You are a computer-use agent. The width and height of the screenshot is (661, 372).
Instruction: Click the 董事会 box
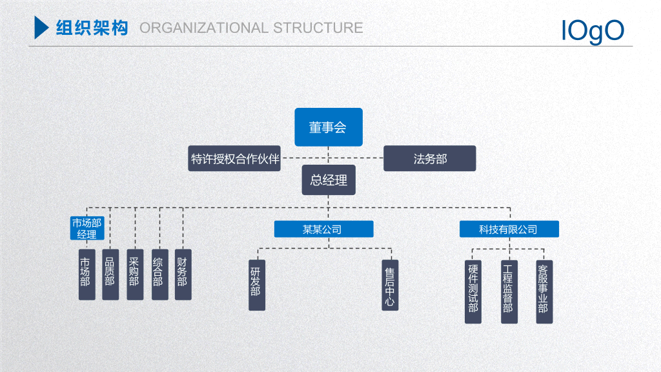329,127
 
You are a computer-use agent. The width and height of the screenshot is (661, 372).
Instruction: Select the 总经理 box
329,180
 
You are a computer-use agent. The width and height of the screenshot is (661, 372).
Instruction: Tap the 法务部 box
429,159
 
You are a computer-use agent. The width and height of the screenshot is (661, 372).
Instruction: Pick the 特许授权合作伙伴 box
234,159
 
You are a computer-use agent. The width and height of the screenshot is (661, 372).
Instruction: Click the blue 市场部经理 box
87,228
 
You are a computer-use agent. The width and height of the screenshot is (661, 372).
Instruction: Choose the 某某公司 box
324,229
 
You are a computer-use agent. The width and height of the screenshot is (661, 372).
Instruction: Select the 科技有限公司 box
509,229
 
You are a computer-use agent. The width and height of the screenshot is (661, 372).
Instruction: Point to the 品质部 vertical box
110,274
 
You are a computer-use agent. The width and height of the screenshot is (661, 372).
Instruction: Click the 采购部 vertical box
135,274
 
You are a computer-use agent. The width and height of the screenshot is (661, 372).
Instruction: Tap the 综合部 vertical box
160,274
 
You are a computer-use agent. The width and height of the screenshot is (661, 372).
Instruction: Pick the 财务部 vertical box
183,274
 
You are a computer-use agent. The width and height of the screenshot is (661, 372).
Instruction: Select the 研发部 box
257,285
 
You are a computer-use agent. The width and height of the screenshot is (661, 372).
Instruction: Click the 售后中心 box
390,285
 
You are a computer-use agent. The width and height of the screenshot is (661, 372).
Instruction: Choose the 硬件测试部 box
473,292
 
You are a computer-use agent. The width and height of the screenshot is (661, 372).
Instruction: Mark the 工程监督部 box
509,292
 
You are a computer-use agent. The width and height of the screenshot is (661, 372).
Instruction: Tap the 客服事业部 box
544,292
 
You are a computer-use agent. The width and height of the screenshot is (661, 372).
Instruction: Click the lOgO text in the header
593,31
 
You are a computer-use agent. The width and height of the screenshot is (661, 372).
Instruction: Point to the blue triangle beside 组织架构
41,27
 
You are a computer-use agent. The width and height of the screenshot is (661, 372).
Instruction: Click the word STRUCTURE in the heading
318,28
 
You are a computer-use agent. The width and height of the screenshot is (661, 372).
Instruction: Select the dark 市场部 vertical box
87,274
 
